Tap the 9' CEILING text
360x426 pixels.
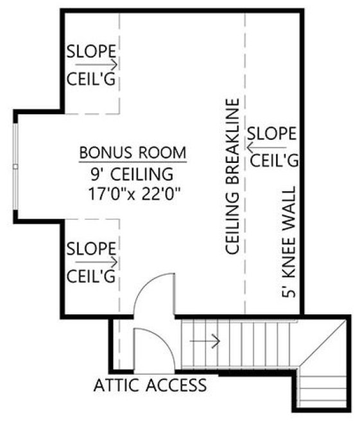click(x=133, y=173)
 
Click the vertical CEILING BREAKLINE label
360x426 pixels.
click(x=232, y=176)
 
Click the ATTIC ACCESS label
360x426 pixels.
click(x=150, y=385)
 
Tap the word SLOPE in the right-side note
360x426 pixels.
click(x=272, y=134)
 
